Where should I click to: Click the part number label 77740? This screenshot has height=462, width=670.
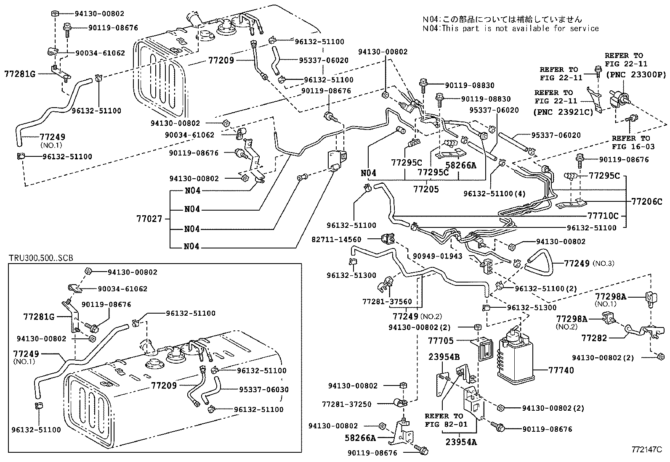(x=561, y=370)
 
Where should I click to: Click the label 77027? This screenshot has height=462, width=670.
(x=149, y=219)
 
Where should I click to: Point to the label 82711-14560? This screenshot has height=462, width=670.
(x=336, y=239)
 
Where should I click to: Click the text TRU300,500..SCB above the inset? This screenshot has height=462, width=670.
(x=41, y=258)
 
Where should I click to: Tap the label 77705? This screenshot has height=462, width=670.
(x=441, y=341)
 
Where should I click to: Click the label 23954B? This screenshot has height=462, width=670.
(x=444, y=357)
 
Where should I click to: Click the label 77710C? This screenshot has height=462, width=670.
(x=603, y=216)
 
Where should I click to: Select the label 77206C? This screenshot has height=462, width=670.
(x=646, y=201)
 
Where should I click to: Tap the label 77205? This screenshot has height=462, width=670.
(x=425, y=189)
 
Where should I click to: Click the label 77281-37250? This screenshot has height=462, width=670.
(x=347, y=404)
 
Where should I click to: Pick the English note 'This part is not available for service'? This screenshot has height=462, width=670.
(x=519, y=29)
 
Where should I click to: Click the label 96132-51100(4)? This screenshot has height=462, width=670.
(x=495, y=194)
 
